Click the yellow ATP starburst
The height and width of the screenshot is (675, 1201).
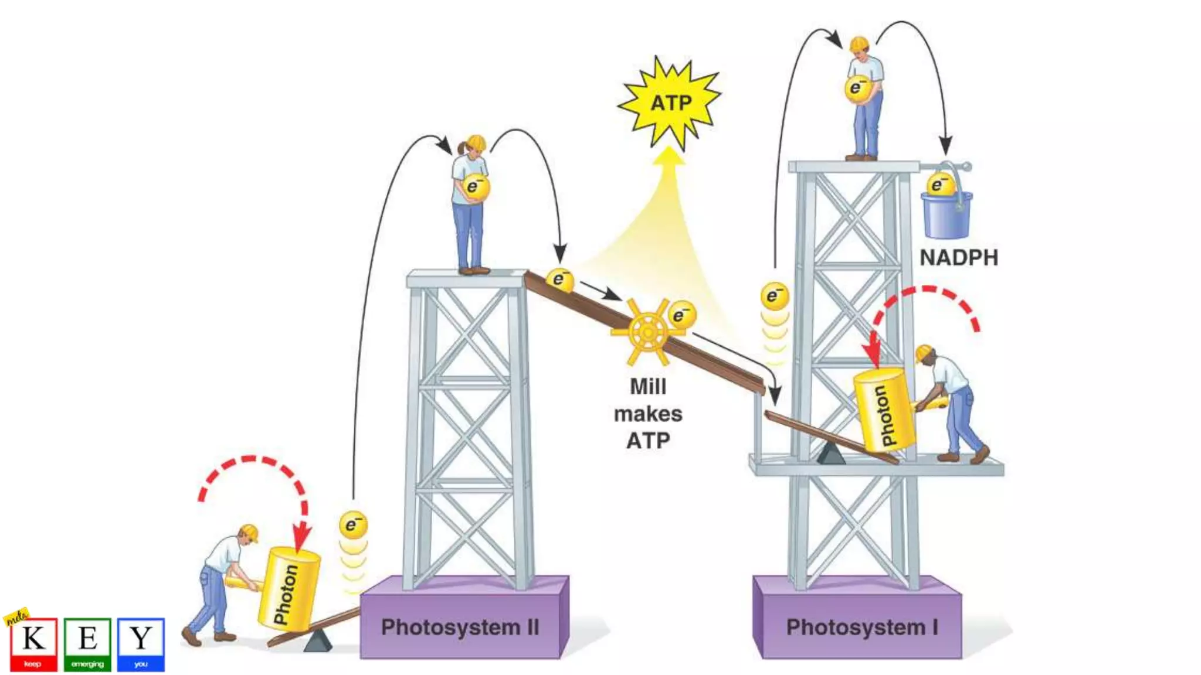point(670,103)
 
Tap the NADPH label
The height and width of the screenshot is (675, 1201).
point(958,258)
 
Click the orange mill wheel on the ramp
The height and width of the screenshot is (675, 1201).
point(647,332)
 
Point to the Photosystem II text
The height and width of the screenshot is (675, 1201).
point(460,627)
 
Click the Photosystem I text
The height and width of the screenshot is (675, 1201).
point(861,627)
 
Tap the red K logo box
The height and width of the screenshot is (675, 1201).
point(33,643)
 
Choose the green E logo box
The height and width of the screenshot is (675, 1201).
point(87,643)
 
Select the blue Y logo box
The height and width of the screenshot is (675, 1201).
point(141,643)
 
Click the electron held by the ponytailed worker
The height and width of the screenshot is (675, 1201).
point(475,187)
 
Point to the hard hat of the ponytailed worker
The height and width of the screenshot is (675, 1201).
point(476,142)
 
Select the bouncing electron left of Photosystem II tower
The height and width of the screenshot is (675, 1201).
point(353,524)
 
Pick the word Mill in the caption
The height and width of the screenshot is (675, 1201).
point(647,387)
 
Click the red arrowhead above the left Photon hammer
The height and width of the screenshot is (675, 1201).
point(301,535)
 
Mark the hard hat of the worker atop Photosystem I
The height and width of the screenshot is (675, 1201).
point(860,44)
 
